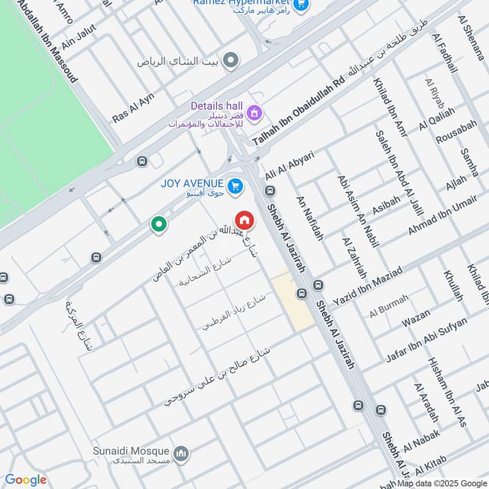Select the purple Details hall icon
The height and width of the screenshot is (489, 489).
click(x=254, y=112)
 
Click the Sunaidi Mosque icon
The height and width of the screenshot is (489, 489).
click(x=180, y=454)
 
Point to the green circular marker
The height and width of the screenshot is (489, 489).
click(x=159, y=225)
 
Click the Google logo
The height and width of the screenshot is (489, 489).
click(x=26, y=480)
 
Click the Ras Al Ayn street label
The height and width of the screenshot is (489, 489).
click(x=133, y=108)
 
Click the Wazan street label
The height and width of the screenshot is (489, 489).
click(x=416, y=318)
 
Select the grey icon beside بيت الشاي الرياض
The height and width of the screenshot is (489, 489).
click(x=230, y=61)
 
